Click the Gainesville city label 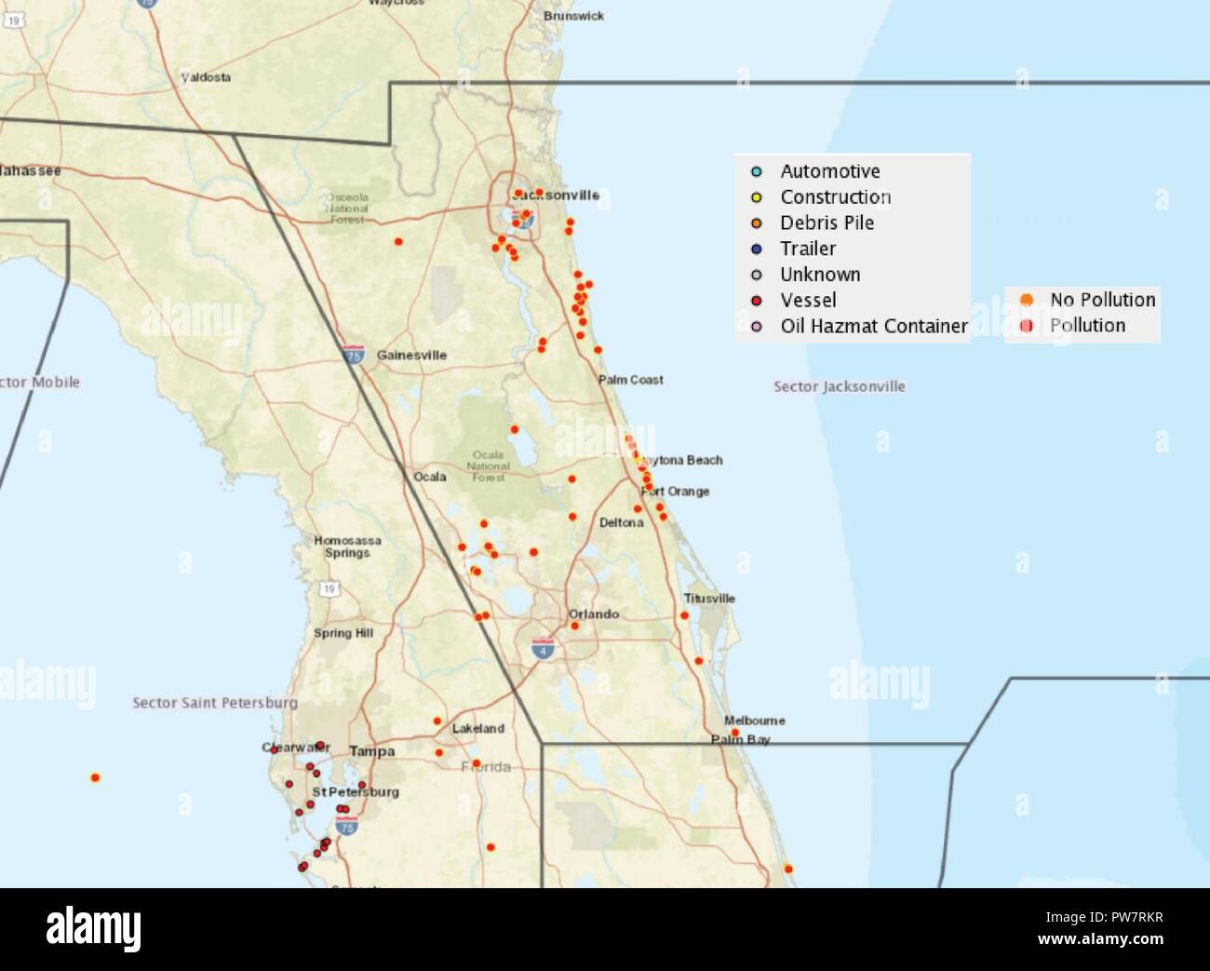click(411, 356)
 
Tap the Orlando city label click(594, 614)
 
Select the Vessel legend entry click(808, 300)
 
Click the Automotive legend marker click(757, 171)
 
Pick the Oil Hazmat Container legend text click(874, 326)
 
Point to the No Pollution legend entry click(1102, 300)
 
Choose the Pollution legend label click(1087, 326)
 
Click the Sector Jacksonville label click(839, 386)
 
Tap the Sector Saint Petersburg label click(215, 703)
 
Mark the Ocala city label click(430, 477)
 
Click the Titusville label click(709, 599)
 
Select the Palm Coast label click(630, 380)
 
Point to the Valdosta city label click(206, 77)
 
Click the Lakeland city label click(478, 729)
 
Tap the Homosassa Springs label click(347, 546)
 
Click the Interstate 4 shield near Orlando click(544, 649)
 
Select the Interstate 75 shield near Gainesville click(353, 354)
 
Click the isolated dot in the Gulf click(95, 777)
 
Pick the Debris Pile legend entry click(827, 223)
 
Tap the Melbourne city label click(754, 721)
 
